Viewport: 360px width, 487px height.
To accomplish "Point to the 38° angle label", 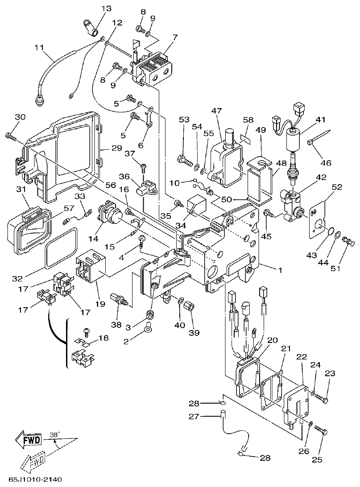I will coord(54,434).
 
